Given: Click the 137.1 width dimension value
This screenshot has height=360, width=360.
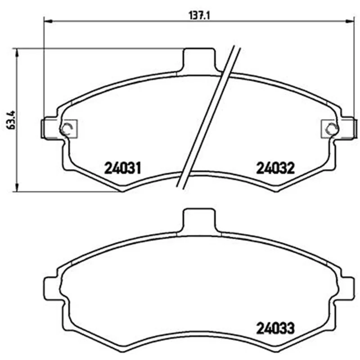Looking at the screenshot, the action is click(199, 16).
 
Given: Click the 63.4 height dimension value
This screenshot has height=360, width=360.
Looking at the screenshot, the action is click(11, 120).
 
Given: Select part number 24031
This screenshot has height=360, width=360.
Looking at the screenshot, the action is click(122, 168).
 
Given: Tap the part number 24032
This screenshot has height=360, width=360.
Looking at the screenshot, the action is click(275, 168).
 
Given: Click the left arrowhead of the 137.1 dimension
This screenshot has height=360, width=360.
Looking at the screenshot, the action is click(48, 21).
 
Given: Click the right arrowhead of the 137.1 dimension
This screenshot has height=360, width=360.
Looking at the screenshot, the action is click(351, 21).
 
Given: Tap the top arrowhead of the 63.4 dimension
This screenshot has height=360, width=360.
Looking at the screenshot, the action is click(16, 53).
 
